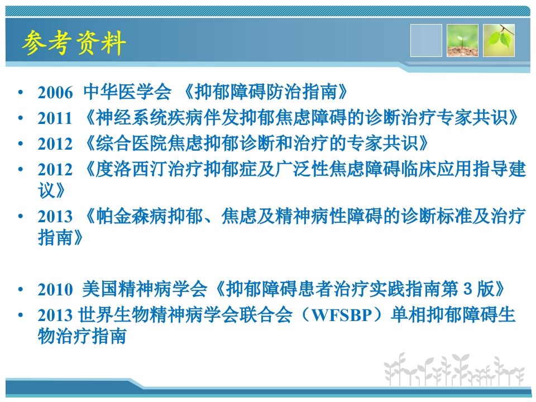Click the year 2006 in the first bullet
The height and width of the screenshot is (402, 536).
tap(55, 93)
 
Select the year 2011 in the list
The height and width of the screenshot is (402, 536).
tap(55, 118)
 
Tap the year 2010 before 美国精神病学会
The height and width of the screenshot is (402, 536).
tap(55, 290)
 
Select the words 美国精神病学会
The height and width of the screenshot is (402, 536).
tap(144, 289)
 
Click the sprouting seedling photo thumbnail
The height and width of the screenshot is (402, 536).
tap(462, 40)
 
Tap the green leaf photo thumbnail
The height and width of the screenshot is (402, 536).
tap(499, 40)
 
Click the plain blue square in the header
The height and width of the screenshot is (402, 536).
tap(426, 40)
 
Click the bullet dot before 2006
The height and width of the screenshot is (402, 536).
tap(21, 93)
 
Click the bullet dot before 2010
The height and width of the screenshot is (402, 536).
tap(21, 290)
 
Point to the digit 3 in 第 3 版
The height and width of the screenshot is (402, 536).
tap(468, 289)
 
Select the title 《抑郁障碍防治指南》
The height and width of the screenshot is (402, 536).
tap(267, 92)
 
